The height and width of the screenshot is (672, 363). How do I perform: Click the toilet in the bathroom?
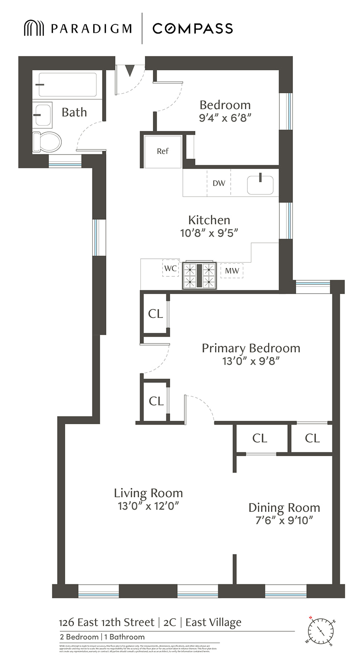pos(47,142)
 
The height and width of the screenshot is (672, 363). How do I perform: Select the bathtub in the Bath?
pos(67,85)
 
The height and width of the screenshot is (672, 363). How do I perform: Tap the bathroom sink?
pos(42,115)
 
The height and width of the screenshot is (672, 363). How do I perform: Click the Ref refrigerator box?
pos(163,151)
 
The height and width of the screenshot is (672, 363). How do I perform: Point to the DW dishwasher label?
pos(219,183)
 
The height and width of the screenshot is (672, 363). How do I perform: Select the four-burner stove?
pos(199,276)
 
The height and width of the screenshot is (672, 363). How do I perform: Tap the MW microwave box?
pos(232,271)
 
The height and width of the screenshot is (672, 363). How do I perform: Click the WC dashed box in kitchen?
pos(171,268)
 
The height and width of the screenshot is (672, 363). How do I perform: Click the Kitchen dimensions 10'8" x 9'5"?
pos(209,233)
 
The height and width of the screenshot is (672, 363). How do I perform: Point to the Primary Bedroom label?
pos(251,348)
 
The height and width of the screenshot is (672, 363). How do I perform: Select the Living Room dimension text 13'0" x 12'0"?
pos(148,506)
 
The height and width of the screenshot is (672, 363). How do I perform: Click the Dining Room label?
pos(284,507)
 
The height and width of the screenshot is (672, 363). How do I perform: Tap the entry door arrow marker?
pos(130,70)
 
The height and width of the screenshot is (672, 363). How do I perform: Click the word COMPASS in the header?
pos(192,29)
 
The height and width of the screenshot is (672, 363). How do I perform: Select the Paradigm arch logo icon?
pos(34,28)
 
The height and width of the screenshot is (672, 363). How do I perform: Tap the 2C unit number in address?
pos(170,622)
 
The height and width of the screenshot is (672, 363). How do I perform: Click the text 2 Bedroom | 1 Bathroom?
pos(102,637)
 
